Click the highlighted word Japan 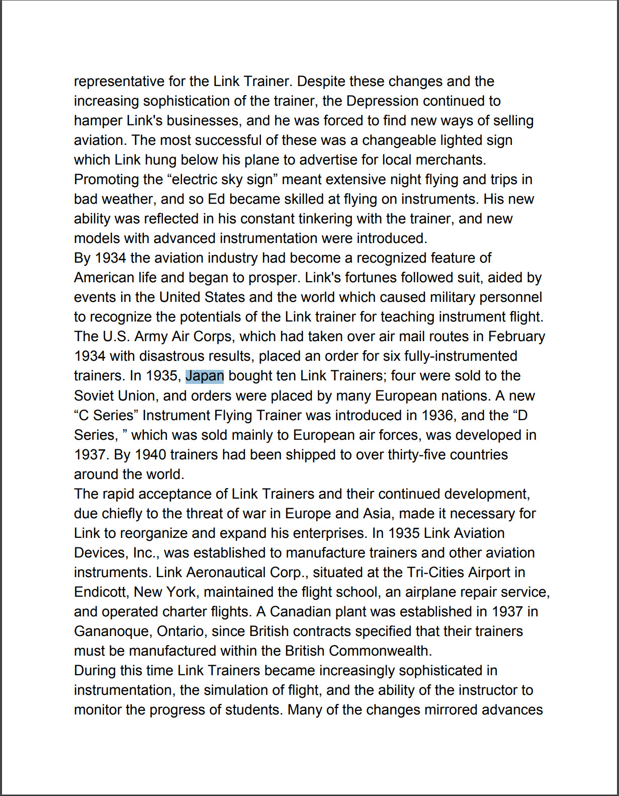coord(205,376)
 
